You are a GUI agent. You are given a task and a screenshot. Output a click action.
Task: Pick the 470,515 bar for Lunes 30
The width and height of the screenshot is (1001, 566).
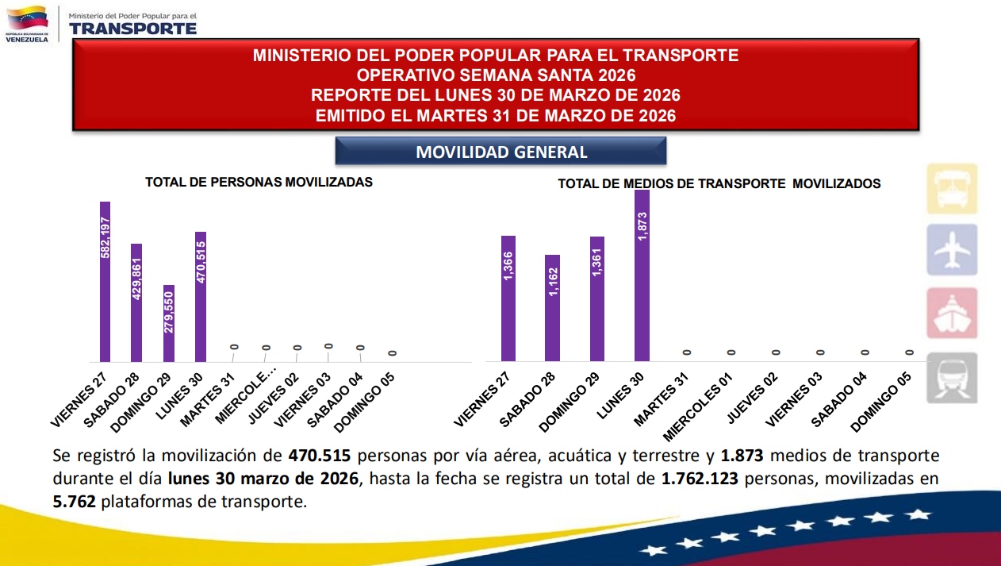click(x=201, y=297)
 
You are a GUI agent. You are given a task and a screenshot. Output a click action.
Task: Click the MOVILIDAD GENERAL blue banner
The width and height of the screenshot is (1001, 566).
click(x=501, y=152)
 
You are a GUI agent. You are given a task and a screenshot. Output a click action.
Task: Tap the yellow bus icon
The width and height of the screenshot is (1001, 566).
click(x=952, y=189)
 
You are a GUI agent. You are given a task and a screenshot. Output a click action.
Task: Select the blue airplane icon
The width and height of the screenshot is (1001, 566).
click(x=952, y=250)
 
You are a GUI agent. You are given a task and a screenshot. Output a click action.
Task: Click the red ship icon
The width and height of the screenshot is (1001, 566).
click(x=952, y=313)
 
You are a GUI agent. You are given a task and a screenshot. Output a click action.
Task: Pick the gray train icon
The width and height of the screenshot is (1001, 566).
click(x=952, y=378)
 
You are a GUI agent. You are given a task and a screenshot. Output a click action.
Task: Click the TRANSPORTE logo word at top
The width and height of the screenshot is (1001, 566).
click(x=132, y=28)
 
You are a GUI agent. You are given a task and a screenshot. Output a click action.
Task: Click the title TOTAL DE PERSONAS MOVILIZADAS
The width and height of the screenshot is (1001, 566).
click(x=259, y=182)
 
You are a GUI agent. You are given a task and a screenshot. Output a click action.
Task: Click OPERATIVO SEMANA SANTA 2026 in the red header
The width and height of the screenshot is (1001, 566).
click(x=496, y=75)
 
